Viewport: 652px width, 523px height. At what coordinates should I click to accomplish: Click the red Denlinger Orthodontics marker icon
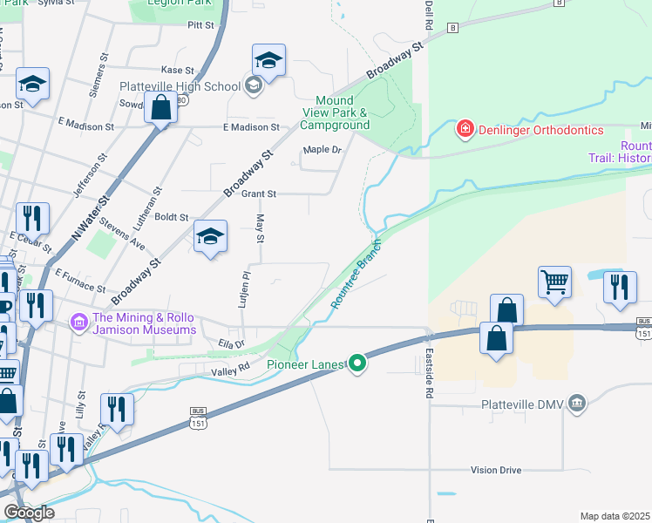465,130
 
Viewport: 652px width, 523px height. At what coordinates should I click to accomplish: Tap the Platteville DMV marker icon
575,404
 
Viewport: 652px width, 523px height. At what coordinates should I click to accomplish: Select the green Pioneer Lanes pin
357,363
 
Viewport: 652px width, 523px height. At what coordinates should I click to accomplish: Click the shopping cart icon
554,282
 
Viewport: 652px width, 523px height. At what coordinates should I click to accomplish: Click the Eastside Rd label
429,374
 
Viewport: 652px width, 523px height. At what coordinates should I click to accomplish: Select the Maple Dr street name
323,150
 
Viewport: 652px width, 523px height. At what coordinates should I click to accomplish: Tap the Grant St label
259,194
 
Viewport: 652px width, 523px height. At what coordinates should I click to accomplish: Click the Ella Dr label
231,344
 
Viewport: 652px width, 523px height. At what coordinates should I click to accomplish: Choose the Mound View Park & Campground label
336,113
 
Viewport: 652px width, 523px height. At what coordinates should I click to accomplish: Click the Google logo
29,513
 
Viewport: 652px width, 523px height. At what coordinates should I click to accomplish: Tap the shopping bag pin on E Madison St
160,109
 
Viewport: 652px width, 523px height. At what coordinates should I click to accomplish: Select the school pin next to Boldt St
210,236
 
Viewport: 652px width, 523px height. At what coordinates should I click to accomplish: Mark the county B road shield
452,28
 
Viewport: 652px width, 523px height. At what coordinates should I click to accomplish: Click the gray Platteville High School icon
254,85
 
